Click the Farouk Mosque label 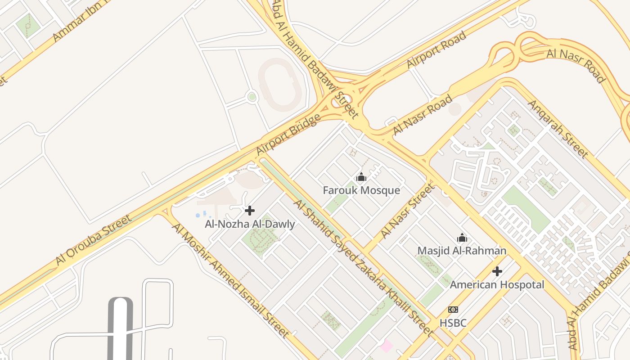coord(361,190)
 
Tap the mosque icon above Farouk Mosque coord(361,177)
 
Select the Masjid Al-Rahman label coord(462,251)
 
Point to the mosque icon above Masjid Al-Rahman coord(462,238)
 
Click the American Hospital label coord(497,284)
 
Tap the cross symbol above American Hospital coord(497,271)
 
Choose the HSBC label coord(453,323)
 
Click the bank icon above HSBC coord(453,310)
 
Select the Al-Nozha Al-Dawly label coord(250,224)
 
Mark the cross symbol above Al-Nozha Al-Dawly coord(250,211)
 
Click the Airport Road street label coord(436,50)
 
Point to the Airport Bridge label coord(288,135)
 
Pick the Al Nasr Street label coord(408,211)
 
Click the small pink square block coord(386,346)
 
